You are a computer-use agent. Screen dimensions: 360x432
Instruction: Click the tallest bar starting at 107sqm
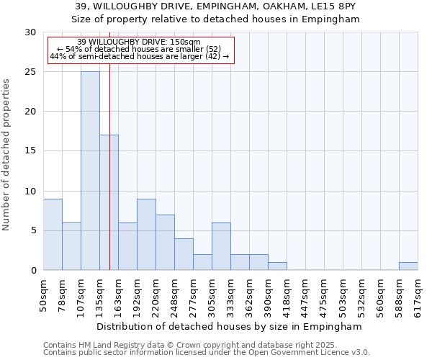[x=90, y=171]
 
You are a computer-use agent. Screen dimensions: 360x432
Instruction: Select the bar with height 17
[x=109, y=202]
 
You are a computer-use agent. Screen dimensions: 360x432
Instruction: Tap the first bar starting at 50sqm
[x=53, y=234]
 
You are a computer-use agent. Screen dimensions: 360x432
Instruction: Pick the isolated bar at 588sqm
[x=408, y=266]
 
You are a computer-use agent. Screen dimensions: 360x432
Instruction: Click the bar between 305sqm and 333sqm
[x=221, y=246]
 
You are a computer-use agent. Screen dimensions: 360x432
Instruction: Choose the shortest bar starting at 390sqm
[x=277, y=266]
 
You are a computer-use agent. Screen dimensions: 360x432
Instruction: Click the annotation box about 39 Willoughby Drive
[x=141, y=49]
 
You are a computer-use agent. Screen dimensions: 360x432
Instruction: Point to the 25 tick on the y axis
[x=30, y=72]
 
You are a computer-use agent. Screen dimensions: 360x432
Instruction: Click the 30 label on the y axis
[x=30, y=32]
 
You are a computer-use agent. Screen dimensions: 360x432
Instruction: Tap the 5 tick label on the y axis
[x=33, y=230]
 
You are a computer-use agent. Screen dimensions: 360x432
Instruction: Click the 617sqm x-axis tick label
[x=418, y=293]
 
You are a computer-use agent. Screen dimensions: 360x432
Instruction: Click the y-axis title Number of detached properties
[x=7, y=155]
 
